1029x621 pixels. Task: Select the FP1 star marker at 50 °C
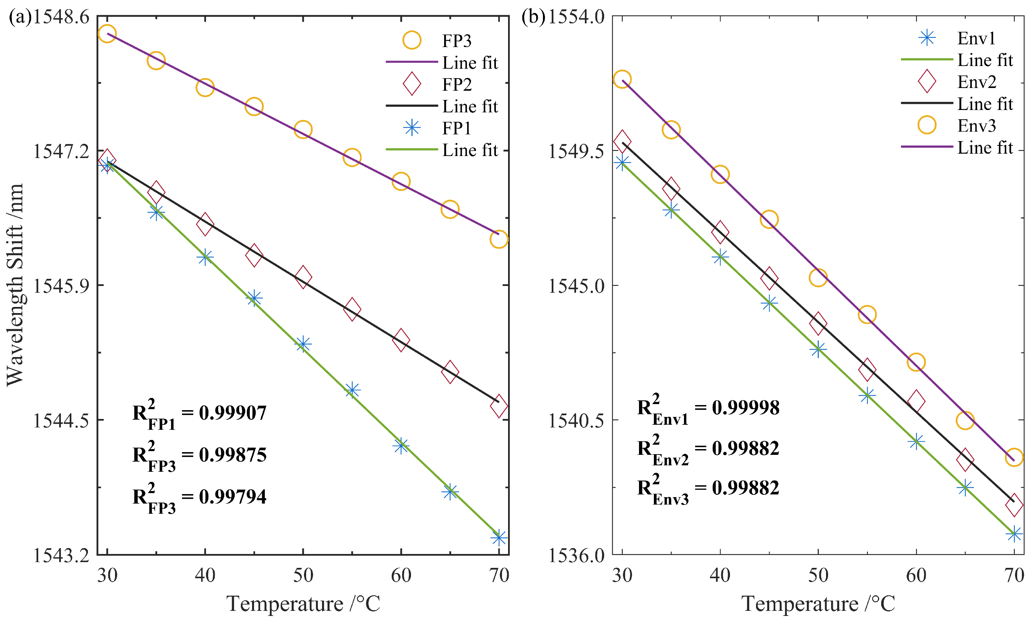303,344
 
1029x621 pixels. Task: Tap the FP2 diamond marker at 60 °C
401,340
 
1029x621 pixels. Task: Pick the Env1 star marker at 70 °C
1014,534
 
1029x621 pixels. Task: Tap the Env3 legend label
976,125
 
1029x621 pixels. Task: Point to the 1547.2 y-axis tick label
61,151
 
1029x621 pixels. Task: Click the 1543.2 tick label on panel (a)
61,555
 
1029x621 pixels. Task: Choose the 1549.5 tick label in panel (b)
576,151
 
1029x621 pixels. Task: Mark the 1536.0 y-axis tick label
576,555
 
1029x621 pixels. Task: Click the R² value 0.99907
233,413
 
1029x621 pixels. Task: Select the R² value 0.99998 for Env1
746,407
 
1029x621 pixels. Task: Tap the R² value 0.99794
233,497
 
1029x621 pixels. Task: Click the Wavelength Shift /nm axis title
15,284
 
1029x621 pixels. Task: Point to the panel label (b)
533,17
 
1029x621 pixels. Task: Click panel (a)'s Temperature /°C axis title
303,603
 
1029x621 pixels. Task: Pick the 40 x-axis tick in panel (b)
720,575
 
